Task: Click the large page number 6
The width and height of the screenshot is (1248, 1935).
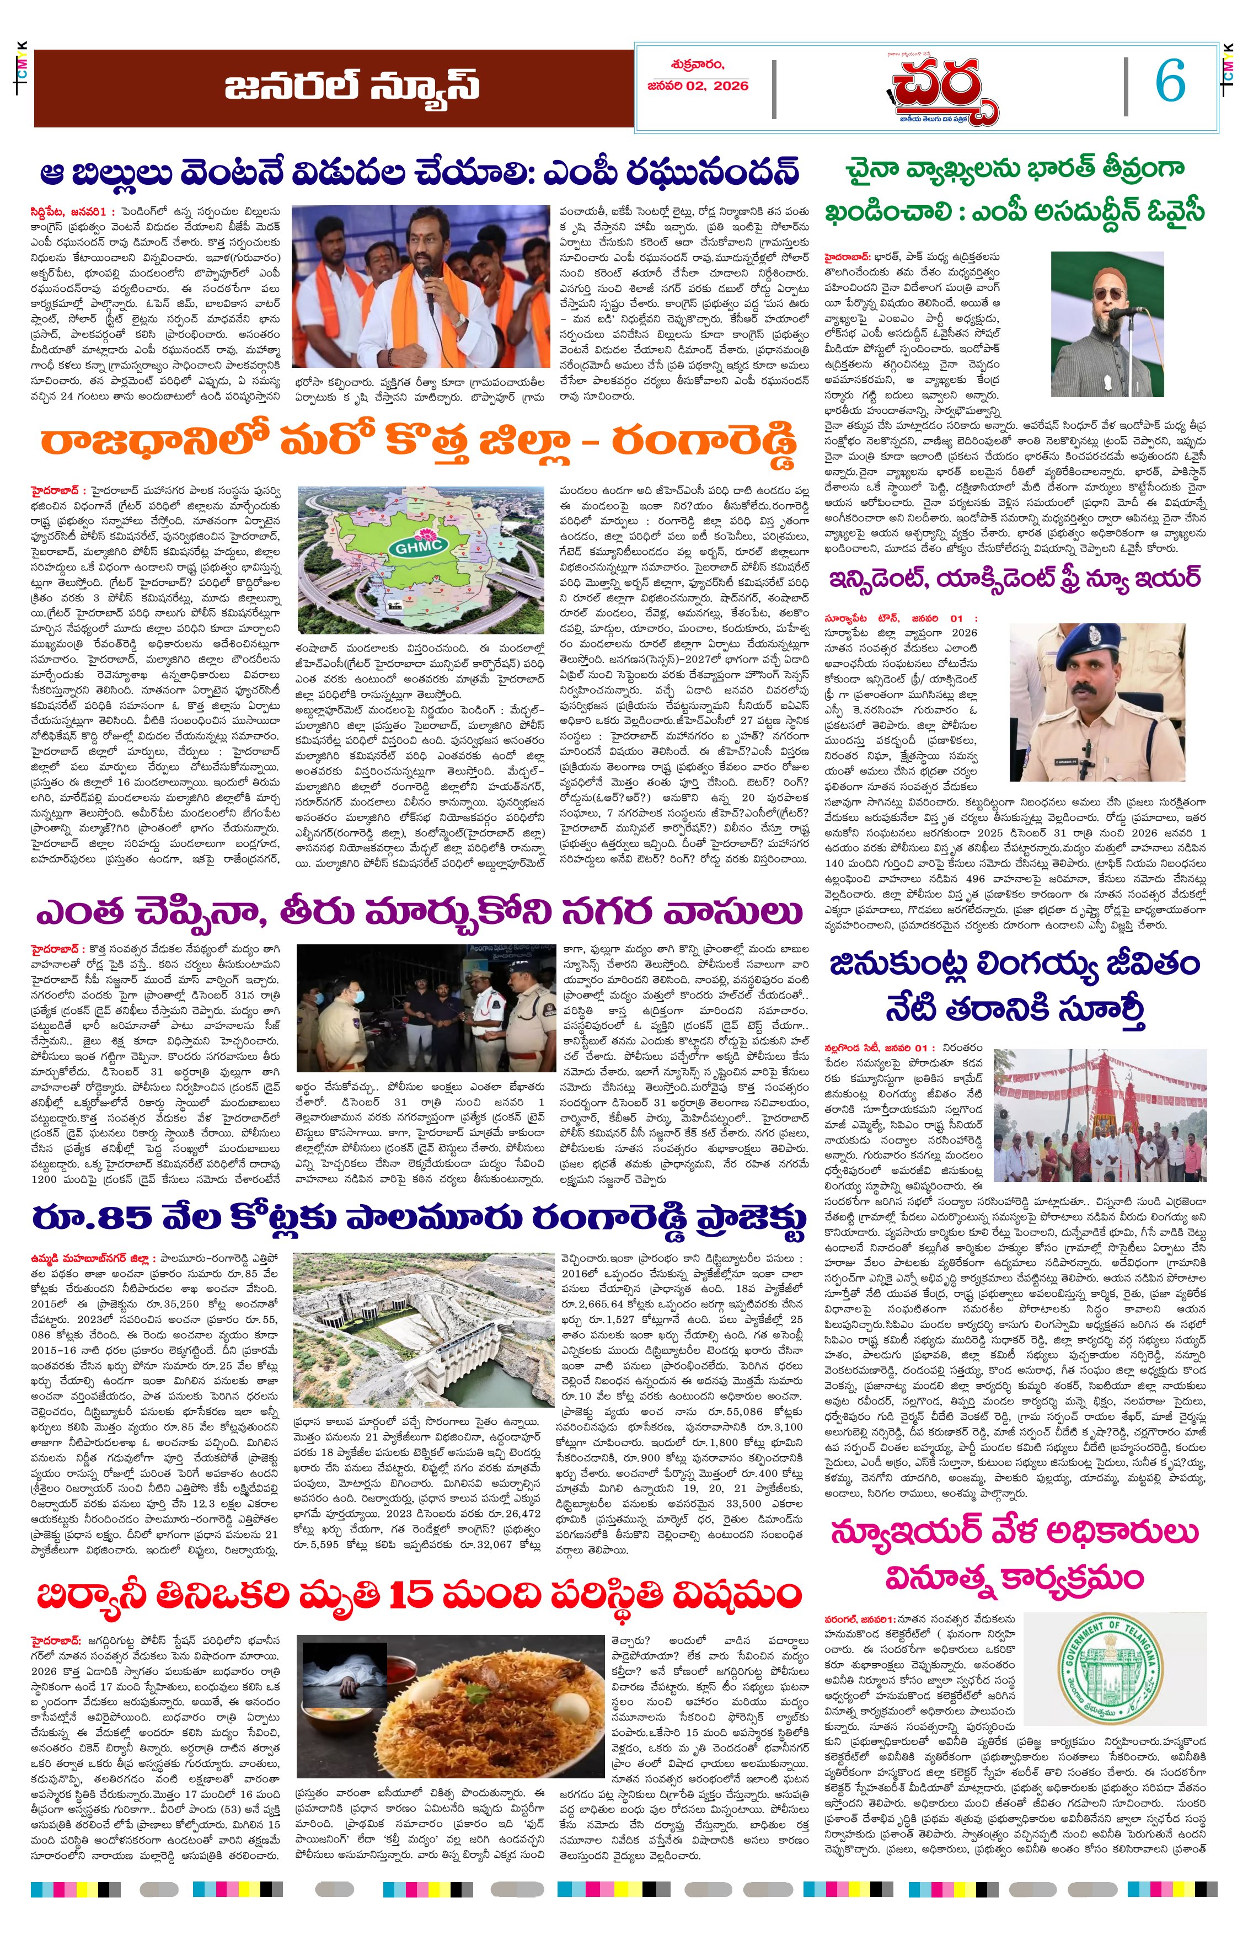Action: (x=1170, y=82)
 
